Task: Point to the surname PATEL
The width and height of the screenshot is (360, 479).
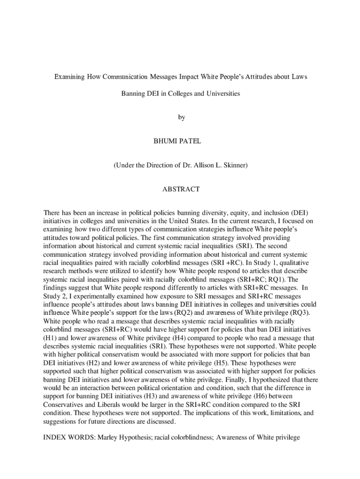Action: (191, 141)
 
